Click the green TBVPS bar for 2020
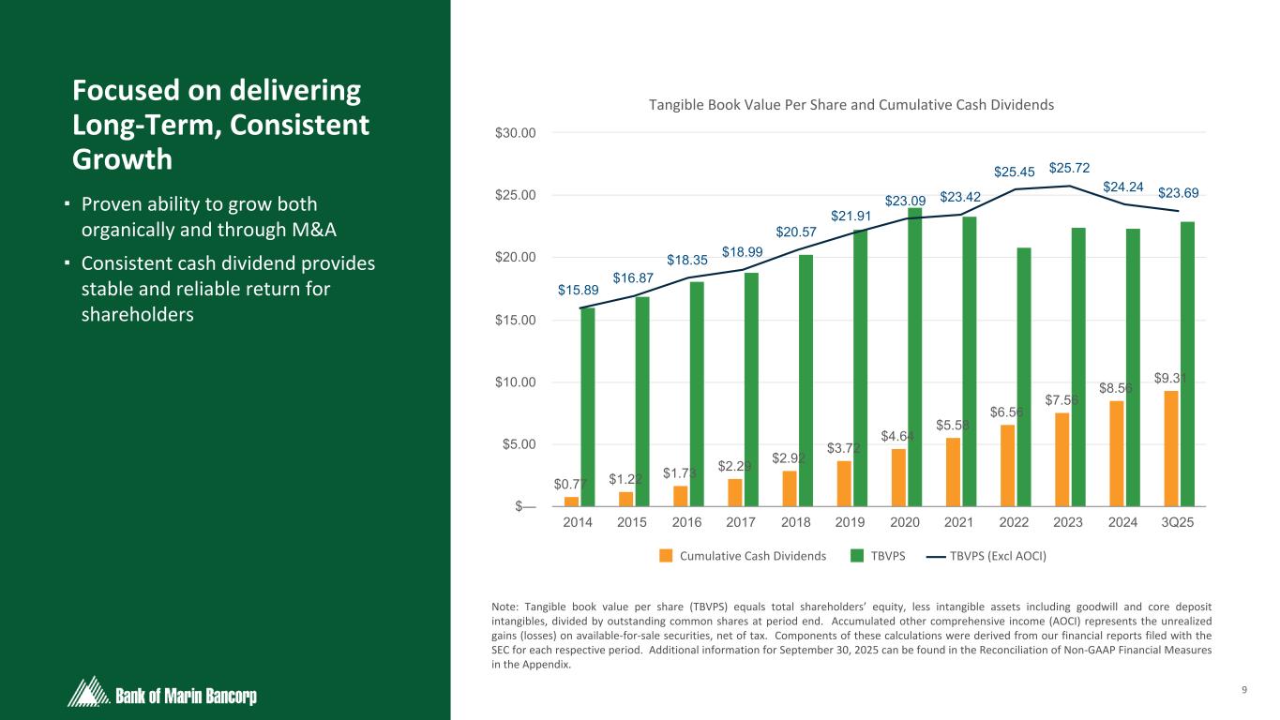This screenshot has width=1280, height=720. click(x=915, y=356)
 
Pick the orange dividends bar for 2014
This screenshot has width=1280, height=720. click(x=572, y=502)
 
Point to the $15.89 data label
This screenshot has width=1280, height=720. click(x=578, y=290)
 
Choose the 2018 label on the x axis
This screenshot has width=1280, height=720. click(x=795, y=523)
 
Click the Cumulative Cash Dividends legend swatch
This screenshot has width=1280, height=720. click(x=667, y=555)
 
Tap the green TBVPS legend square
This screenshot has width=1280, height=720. click(x=857, y=555)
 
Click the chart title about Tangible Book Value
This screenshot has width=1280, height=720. click(x=851, y=105)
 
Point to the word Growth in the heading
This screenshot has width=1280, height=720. click(x=122, y=159)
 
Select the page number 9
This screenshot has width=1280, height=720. click(x=1243, y=691)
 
